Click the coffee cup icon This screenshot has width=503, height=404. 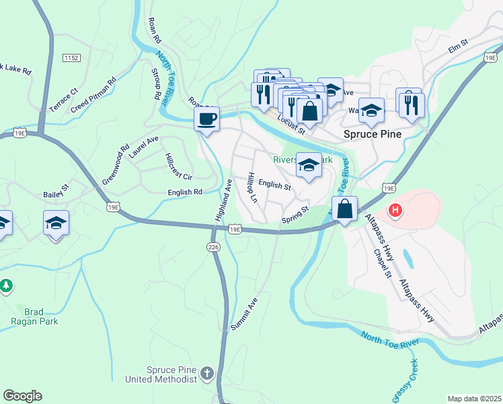[x=206, y=119]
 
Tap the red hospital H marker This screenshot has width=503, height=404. [x=396, y=210]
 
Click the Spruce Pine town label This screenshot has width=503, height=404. [x=373, y=134]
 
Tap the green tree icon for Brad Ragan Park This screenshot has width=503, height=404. [x=7, y=286]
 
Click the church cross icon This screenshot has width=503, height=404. [x=208, y=372]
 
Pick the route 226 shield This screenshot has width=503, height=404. [x=214, y=248]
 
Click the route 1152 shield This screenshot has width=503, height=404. [x=72, y=59]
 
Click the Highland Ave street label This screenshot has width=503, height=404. [x=223, y=201]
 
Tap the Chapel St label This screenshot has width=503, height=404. [x=382, y=263]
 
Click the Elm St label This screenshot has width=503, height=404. [x=457, y=49]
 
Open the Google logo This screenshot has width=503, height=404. [x=22, y=396]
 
